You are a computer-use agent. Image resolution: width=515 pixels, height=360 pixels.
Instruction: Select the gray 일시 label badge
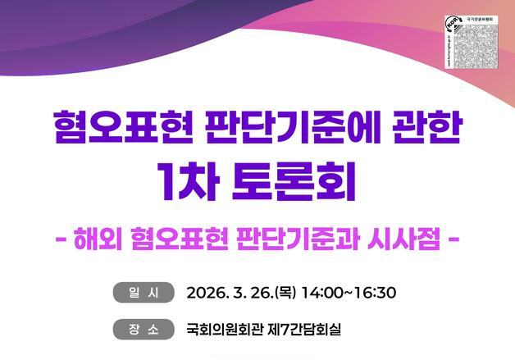[x=144, y=292]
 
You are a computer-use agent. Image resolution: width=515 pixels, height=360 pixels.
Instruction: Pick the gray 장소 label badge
[x=144, y=330]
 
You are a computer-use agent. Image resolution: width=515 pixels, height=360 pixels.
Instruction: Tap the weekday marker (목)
[x=283, y=293]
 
